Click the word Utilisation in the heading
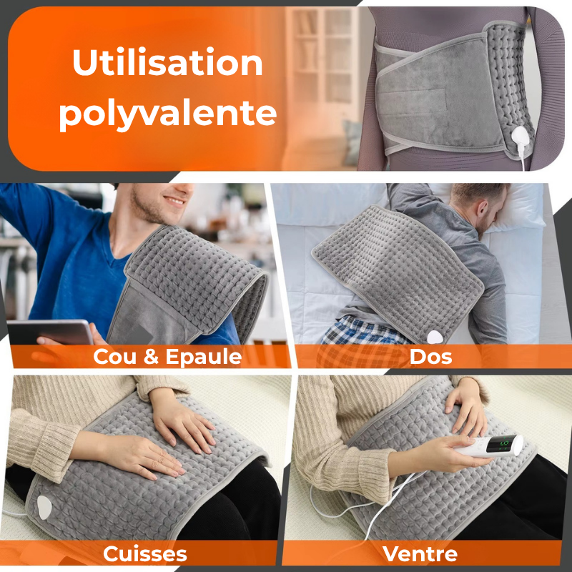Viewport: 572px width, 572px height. pyautogui.click(x=167, y=62)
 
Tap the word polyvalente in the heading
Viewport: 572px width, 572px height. pyautogui.click(x=168, y=112)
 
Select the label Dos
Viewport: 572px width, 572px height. pyautogui.click(x=430, y=357)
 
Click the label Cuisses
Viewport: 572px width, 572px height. pyautogui.click(x=145, y=554)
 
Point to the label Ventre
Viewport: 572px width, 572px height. pyautogui.click(x=420, y=554)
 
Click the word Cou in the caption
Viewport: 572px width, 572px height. pyautogui.click(x=115, y=357)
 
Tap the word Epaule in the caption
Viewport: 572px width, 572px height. pyautogui.click(x=204, y=357)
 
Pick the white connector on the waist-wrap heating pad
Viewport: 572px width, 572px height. pyautogui.click(x=520, y=137)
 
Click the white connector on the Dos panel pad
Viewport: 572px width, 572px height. pyautogui.click(x=435, y=337)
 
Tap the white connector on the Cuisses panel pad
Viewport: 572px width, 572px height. pyautogui.click(x=44, y=507)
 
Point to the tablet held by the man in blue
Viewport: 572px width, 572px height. pyautogui.click(x=50, y=332)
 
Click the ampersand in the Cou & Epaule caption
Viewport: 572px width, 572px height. pyautogui.click(x=151, y=357)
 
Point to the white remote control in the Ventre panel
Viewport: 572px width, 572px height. pyautogui.click(x=489, y=445)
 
